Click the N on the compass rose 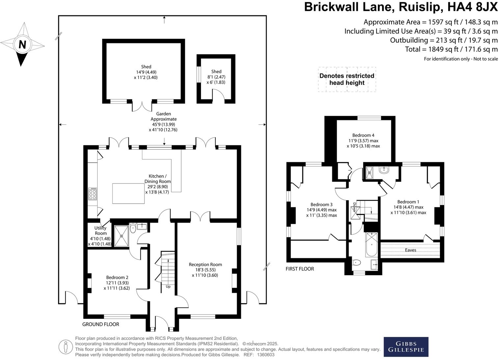pos(22,45)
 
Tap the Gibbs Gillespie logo pos(406,347)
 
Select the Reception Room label pos(205,264)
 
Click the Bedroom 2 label pos(117,278)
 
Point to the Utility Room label pos(100,230)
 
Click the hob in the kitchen pos(93,194)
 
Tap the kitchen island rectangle pos(128,194)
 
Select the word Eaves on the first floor pos(410,250)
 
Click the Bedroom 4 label pos(363,135)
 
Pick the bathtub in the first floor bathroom pos(371,244)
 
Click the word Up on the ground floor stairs pos(168,286)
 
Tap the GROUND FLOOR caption pos(100,324)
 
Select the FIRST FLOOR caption pos(300,269)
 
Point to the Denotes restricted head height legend pos(347,79)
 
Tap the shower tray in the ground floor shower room pos(122,235)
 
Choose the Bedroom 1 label pos(408,202)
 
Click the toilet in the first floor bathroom pos(356,262)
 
